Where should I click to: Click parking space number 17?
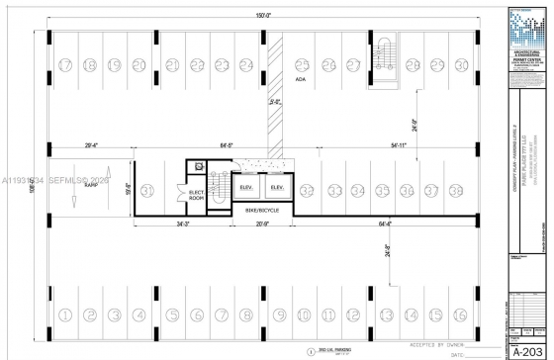[x=66, y=65]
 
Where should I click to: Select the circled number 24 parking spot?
[x=246, y=65]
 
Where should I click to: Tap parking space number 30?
[x=461, y=65]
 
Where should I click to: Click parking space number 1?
[x=66, y=315]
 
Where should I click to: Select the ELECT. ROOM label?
[x=197, y=195]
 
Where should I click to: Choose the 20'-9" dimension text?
[x=262, y=225]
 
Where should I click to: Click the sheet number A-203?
[x=527, y=350]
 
